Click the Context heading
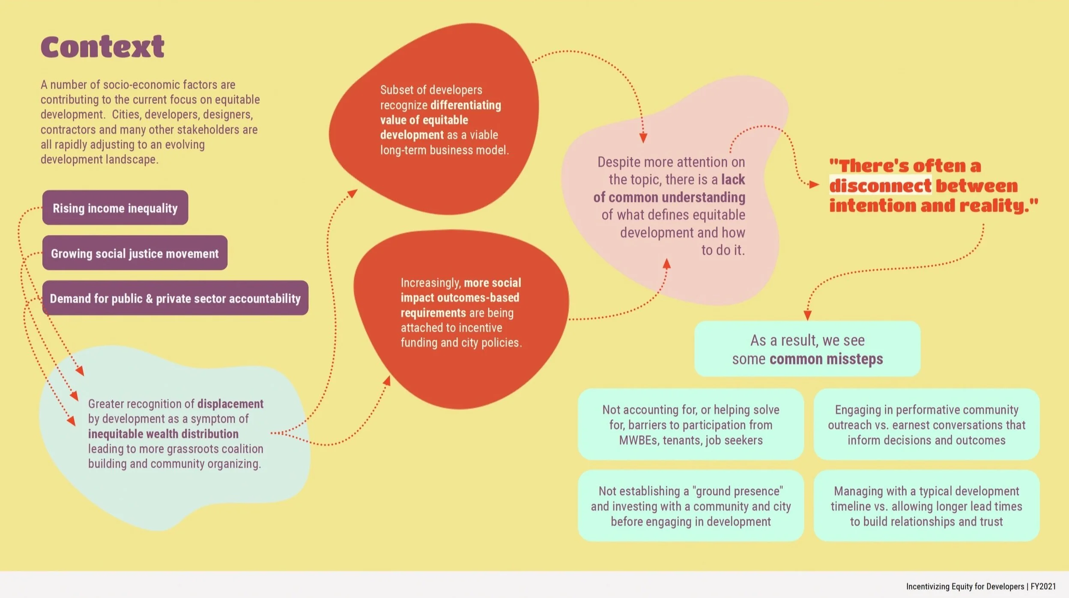pos(102,47)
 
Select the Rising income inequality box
pos(115,208)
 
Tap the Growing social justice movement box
pos(134,253)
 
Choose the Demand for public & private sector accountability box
pos(175,298)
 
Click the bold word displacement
pos(230,404)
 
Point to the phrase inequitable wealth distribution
pos(163,434)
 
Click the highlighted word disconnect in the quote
pos(880,186)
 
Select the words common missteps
pos(826,359)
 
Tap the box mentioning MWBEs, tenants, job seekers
pos(690,424)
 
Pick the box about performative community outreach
pos(926,424)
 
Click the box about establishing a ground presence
pos(690,506)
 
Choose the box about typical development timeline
pos(926,506)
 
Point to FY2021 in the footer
pos(1043,586)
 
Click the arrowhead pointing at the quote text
pos(814,184)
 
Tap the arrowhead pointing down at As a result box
pos(807,315)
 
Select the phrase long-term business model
pos(445,150)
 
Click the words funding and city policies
pos(461,342)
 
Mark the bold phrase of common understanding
pos(669,197)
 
